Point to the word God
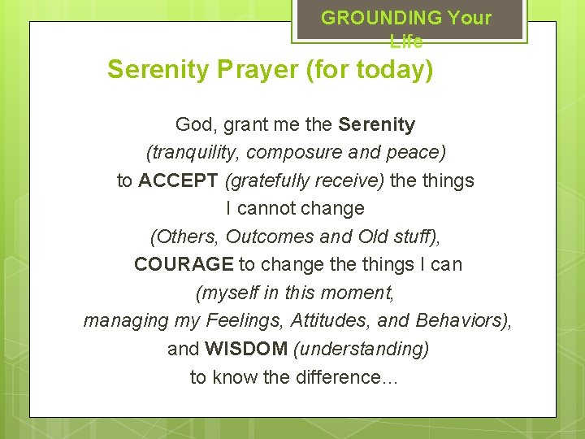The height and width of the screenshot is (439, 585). click(193, 124)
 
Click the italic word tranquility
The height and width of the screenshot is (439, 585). click(193, 152)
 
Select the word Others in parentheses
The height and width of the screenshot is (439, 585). click(184, 237)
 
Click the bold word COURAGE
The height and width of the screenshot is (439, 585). click(184, 264)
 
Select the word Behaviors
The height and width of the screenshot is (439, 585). click(460, 320)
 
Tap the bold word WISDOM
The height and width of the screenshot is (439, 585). click(246, 349)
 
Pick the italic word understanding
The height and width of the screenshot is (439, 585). click(361, 349)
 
